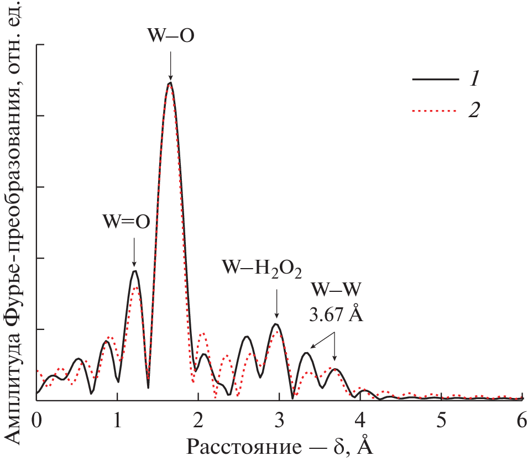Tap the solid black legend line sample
click(x=435, y=80)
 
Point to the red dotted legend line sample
click(x=435, y=111)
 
